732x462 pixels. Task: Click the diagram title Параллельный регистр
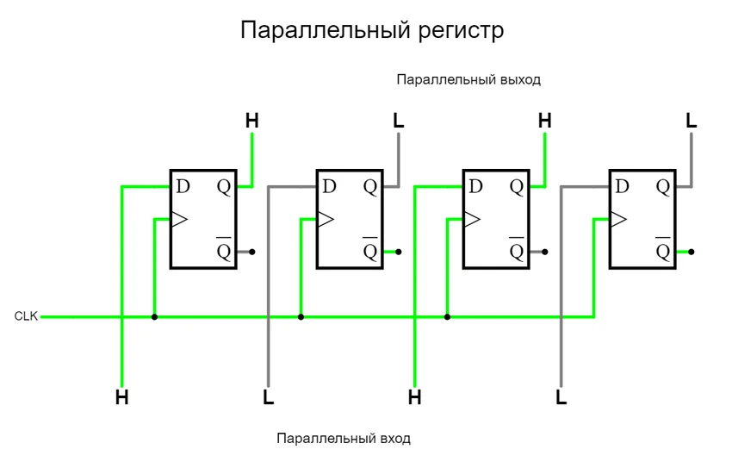click(x=371, y=31)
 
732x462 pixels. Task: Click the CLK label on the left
click(x=26, y=316)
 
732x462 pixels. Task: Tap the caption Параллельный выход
click(x=468, y=79)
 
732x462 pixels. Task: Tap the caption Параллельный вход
click(x=344, y=439)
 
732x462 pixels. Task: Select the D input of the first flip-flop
click(x=183, y=186)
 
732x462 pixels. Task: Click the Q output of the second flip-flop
click(x=369, y=186)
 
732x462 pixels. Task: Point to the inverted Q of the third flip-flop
click(x=516, y=251)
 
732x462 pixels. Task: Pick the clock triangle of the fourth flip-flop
click(x=618, y=219)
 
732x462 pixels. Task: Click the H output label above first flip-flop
click(x=251, y=121)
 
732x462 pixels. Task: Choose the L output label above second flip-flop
click(x=398, y=121)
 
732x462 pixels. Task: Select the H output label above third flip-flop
click(x=544, y=121)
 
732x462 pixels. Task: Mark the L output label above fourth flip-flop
click(x=691, y=121)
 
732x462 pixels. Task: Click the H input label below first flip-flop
click(x=122, y=397)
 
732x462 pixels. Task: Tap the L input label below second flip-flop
click(x=269, y=397)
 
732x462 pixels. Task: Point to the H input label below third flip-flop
click(x=415, y=397)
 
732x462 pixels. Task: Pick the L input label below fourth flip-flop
click(x=561, y=397)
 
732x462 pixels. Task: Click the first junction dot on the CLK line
click(x=154, y=316)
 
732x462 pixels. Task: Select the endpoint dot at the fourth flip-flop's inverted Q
click(x=691, y=252)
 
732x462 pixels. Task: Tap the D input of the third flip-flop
click(x=475, y=186)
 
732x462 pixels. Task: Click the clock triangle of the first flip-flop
click(x=179, y=219)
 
